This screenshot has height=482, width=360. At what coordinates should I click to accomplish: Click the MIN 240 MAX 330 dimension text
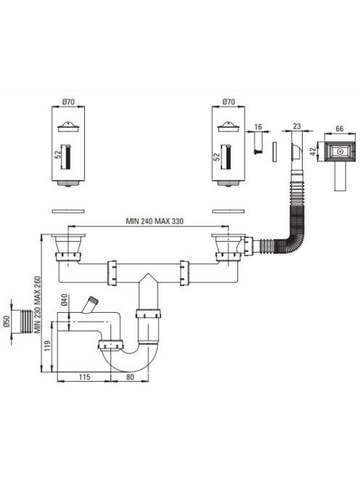pos(155,221)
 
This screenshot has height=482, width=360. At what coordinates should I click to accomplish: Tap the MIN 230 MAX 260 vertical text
pos(38,305)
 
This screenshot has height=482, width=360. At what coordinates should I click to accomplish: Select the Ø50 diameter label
pos(8,322)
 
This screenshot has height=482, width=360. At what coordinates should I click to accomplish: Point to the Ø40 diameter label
pos(64,300)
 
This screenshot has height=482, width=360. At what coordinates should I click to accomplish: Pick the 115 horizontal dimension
pos(84,377)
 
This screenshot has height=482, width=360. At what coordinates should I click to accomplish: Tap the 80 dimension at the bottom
pos(130,377)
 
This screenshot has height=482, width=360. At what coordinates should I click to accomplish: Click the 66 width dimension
pos(339,128)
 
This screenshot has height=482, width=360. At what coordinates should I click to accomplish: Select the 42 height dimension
pos(314,151)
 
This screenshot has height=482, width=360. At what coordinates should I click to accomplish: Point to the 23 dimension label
pos(297,126)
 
